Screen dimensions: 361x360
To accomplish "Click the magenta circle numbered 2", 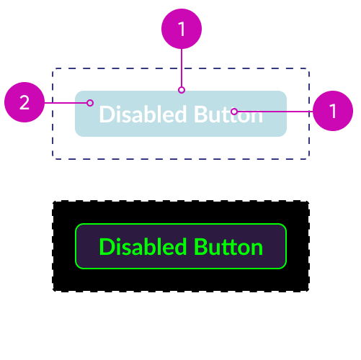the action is tap(24, 102).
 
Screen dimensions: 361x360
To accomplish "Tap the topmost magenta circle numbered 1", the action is tap(182, 29).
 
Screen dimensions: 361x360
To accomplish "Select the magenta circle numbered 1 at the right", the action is tap(333, 111).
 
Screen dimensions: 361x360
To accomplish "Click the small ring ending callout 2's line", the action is tap(90, 103).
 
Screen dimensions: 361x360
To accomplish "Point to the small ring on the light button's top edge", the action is tap(182, 90).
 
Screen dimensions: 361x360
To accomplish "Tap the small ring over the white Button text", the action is tap(234, 112).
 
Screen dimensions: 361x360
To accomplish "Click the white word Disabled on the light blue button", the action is tap(143, 114).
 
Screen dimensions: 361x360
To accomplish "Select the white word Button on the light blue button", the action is tap(228, 114).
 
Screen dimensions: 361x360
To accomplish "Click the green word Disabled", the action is tap(143, 247).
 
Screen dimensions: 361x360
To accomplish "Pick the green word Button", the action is tap(228, 247).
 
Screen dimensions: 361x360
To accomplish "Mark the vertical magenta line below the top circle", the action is tap(182, 68).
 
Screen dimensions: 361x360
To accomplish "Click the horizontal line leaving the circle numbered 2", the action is tap(66, 103).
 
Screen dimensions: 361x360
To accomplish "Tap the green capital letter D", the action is tap(106, 247).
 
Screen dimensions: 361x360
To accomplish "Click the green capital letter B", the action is tap(200, 247).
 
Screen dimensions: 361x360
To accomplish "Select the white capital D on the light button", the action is tap(106, 114).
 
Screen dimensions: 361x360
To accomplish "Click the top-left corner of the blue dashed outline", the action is tap(53, 68).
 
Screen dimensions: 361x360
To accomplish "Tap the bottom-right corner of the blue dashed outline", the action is tap(309, 158).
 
